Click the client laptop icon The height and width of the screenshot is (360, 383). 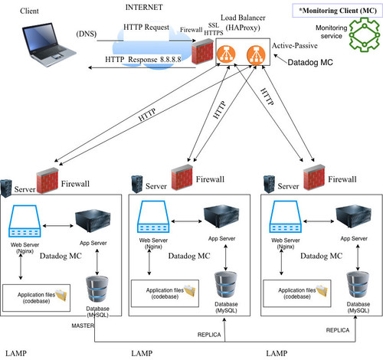click(49, 44)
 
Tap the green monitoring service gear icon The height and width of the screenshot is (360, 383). click(364, 34)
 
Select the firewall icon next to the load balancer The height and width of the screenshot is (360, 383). click(202, 51)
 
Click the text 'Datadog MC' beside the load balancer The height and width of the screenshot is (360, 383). click(310, 63)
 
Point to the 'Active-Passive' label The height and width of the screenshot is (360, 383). click(295, 46)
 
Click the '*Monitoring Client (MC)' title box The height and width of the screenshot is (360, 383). click(338, 11)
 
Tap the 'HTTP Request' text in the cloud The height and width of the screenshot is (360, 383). click(146, 28)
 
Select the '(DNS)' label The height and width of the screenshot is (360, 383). click(87, 34)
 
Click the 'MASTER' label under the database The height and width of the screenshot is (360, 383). click(83, 326)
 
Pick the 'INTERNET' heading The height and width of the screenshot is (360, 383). click(144, 8)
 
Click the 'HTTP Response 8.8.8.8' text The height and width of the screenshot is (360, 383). click(143, 60)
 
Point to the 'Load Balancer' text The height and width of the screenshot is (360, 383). click(243, 18)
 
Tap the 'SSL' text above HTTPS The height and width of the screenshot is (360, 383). click(214, 25)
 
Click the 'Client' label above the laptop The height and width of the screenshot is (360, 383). click(29, 11)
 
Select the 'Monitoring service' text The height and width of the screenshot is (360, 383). click(331, 31)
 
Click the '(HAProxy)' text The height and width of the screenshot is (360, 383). click(243, 28)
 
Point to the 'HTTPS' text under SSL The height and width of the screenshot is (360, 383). click(214, 33)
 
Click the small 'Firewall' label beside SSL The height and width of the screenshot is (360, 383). click(191, 30)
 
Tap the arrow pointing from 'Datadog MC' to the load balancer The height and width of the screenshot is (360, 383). click(280, 59)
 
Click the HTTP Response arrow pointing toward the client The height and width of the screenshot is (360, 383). click(142, 67)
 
